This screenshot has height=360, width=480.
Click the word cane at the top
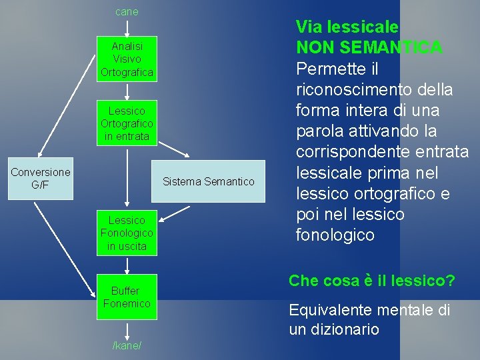click(x=127, y=11)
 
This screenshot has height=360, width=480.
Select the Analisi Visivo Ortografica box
click(x=127, y=59)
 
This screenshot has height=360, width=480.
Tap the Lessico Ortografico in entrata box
click(x=127, y=123)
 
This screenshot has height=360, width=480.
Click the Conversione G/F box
click(x=41, y=179)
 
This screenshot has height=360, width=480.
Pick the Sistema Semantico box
click(x=208, y=181)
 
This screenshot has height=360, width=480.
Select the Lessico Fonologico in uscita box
click(x=127, y=233)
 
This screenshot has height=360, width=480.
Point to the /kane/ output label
click(x=127, y=346)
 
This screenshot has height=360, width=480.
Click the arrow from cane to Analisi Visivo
click(x=127, y=27)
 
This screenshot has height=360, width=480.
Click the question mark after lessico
click(x=451, y=281)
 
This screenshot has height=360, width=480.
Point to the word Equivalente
click(x=331, y=310)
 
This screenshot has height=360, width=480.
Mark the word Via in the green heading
click(x=307, y=27)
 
